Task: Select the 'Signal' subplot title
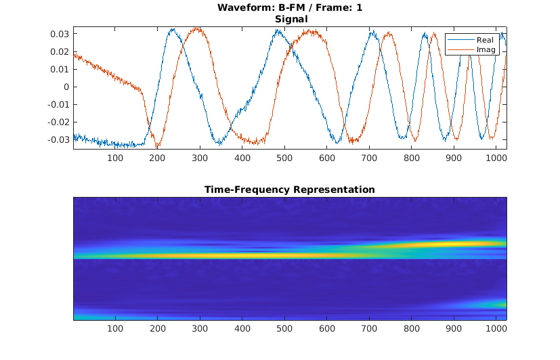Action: tap(290, 19)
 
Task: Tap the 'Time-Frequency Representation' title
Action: tap(290, 189)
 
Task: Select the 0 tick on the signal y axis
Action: tap(66, 87)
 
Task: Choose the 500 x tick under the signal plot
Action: tap(284, 158)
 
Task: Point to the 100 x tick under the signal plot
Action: tap(115, 158)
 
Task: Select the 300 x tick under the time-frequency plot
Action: tap(200, 329)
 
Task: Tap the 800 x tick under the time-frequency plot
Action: tap(412, 329)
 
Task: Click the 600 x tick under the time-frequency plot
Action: tap(327, 329)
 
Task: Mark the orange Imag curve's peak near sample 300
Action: tap(197, 28)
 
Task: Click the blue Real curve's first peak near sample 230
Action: tap(173, 29)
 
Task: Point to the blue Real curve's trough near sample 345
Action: tap(219, 143)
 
